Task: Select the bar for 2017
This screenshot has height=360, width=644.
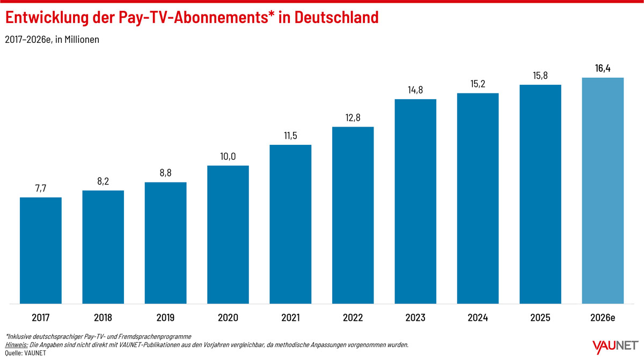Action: (x=41, y=250)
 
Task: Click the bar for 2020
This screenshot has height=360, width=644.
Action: (x=228, y=234)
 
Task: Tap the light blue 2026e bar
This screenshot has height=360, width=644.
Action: (x=603, y=190)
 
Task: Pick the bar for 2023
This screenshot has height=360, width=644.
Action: (x=415, y=201)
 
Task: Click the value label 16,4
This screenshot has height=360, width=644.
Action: (x=603, y=68)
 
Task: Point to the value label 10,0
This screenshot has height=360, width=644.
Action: (x=228, y=156)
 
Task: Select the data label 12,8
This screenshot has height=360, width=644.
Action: (x=353, y=117)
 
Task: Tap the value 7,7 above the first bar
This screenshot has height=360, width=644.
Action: (x=41, y=188)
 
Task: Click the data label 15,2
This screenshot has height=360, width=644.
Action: (x=478, y=84)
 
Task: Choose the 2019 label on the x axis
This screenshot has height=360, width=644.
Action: (x=165, y=318)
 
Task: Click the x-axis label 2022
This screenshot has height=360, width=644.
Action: (x=353, y=318)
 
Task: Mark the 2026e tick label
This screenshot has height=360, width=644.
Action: (x=603, y=318)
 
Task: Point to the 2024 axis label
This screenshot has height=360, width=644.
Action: (x=478, y=318)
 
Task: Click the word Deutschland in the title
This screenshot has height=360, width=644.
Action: (x=336, y=17)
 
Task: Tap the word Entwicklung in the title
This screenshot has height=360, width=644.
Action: (x=47, y=18)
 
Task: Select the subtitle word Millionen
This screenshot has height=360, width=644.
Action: (x=82, y=39)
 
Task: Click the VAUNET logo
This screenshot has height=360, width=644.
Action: (x=615, y=347)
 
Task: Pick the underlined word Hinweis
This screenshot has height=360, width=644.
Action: (x=17, y=344)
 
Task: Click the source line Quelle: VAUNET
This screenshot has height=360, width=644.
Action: (x=26, y=353)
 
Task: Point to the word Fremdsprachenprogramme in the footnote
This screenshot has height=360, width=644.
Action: (x=155, y=336)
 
